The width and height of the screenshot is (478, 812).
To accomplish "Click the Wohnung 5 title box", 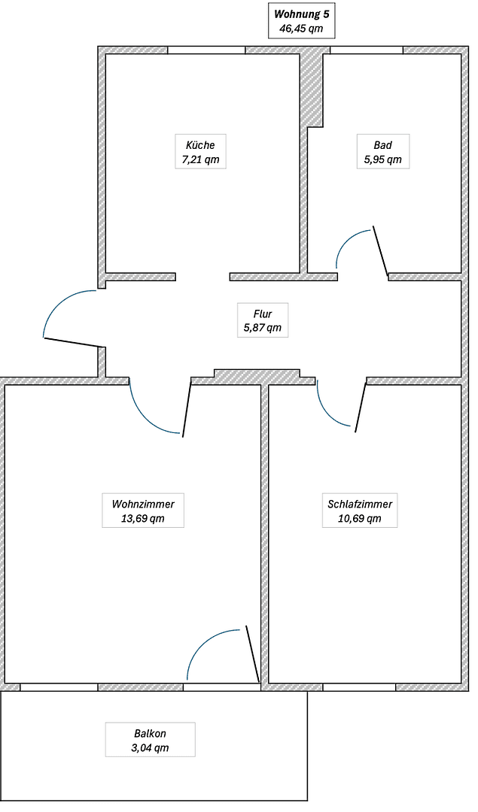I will point(301,21).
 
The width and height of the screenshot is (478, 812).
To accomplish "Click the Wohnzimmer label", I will point(143,504).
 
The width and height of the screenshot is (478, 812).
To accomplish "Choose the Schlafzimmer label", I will point(360,504).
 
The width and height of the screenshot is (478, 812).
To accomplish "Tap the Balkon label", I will point(150,733).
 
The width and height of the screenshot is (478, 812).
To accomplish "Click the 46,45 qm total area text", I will point(301,29).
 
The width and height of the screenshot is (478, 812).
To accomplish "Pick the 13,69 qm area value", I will point(143,519).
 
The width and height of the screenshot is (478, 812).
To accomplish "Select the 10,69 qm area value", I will point(360,519).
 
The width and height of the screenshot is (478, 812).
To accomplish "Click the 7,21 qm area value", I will point(199,160).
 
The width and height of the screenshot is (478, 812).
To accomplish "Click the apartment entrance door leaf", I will point(73,343).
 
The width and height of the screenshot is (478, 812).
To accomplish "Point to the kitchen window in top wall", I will point(206,50).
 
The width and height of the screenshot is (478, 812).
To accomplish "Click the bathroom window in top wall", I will point(367,50).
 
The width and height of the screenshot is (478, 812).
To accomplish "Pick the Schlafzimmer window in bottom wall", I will point(359,687).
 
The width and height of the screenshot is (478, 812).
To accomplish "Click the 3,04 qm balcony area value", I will point(150,747).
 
